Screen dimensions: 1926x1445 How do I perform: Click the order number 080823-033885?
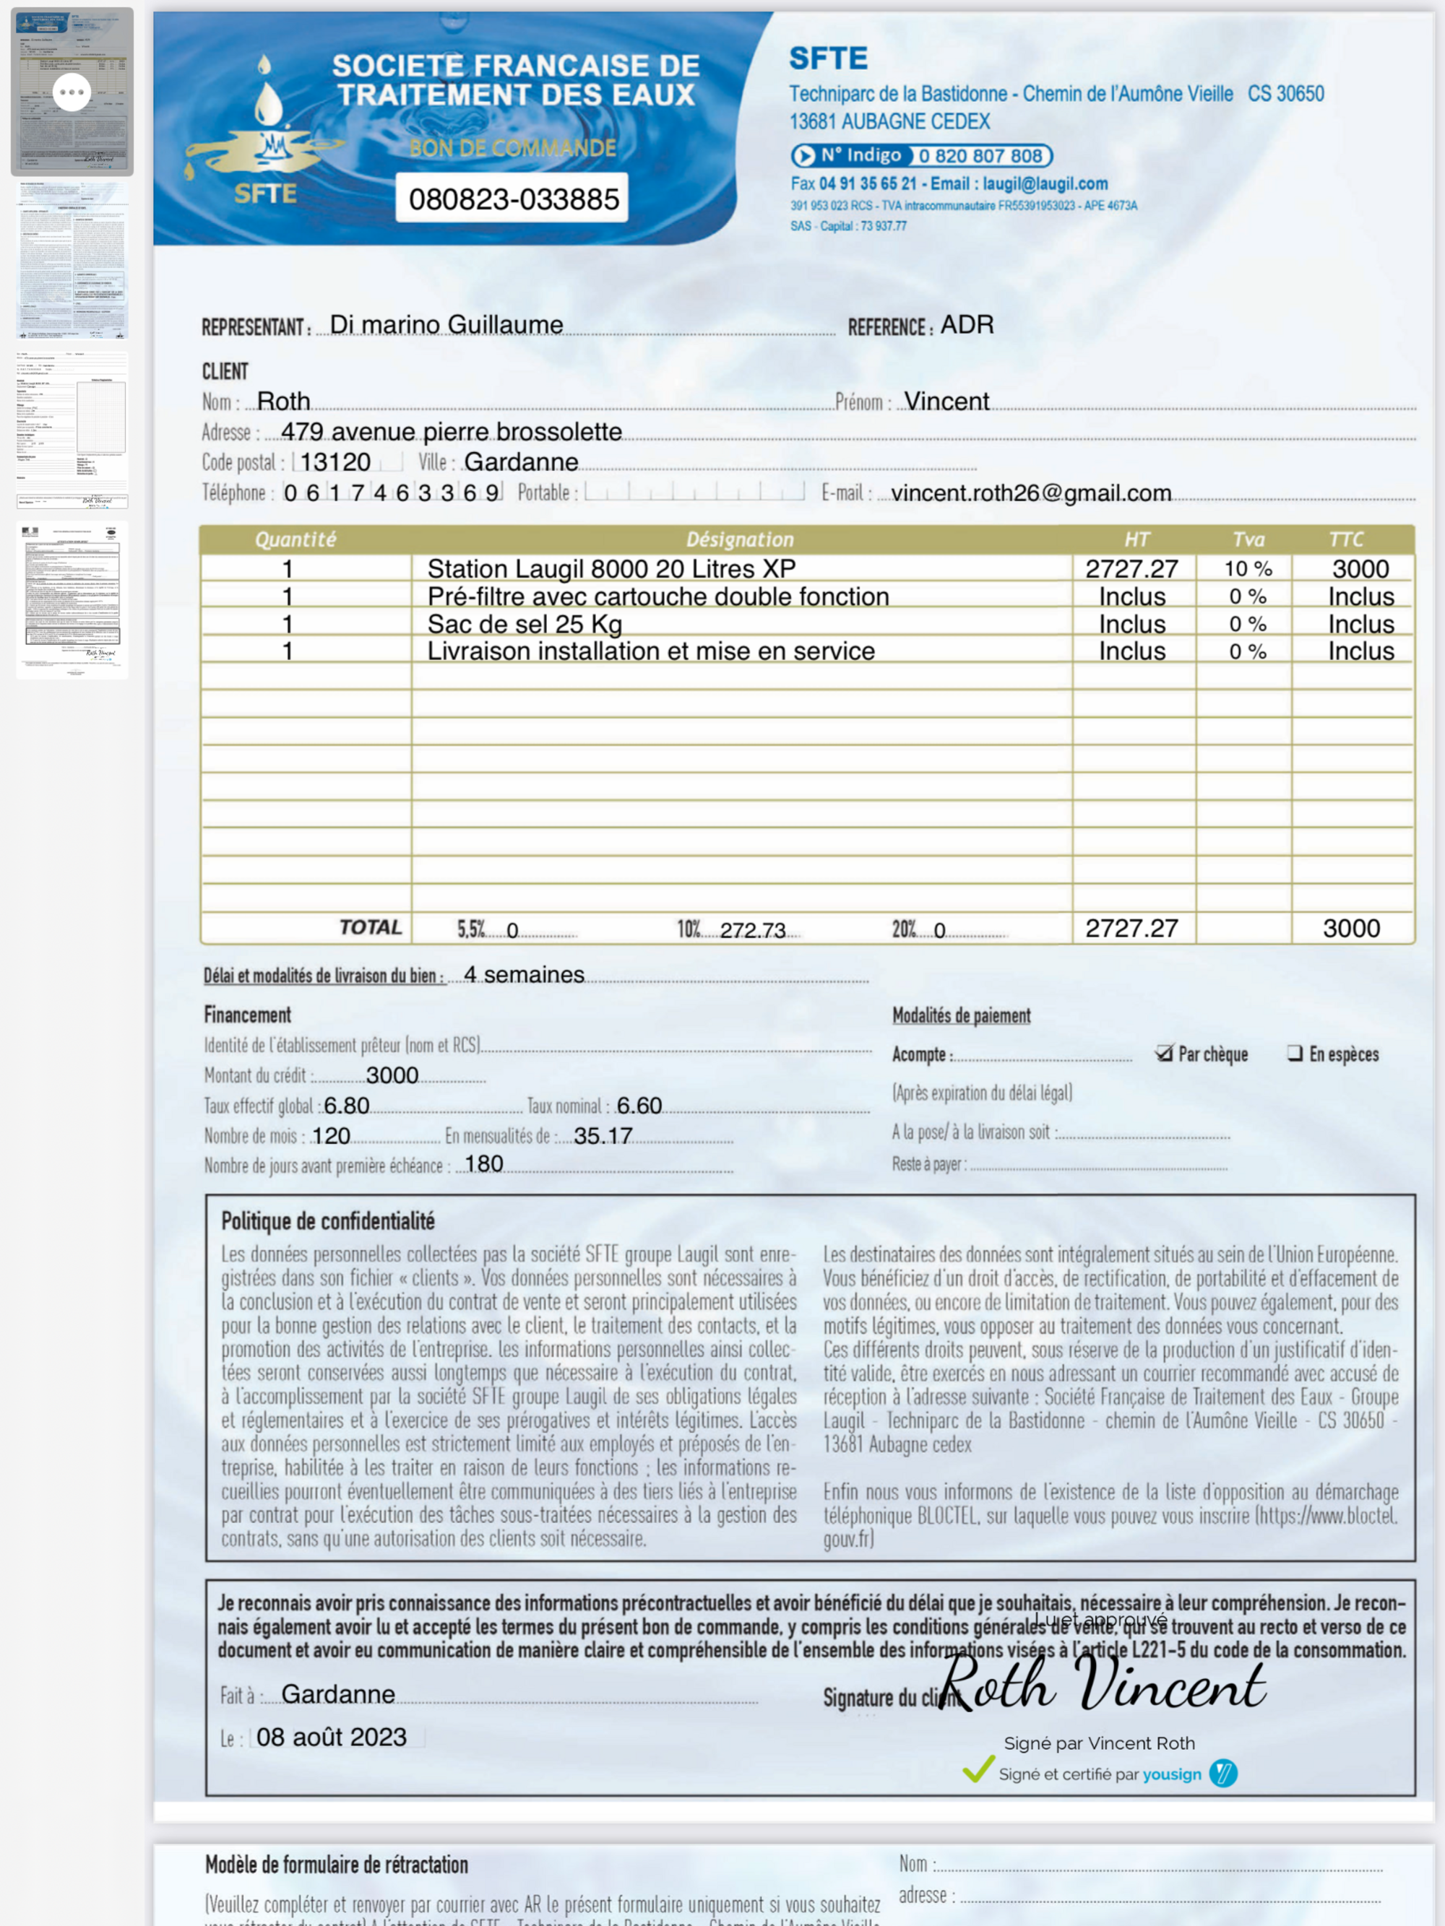[514, 199]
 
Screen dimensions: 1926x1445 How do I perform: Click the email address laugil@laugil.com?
[1045, 183]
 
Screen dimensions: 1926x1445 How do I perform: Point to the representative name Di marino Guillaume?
[446, 325]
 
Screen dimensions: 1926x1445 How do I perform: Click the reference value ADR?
[967, 325]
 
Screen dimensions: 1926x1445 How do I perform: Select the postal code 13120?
[335, 462]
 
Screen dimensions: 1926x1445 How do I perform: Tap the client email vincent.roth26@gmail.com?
[1030, 493]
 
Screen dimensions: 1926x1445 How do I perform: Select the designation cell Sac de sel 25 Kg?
[525, 624]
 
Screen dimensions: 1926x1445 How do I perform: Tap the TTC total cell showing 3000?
[1351, 928]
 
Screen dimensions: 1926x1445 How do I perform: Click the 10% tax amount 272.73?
[753, 930]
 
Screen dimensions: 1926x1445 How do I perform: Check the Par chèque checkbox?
[1164, 1054]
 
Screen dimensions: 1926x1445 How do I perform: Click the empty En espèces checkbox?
[1295, 1054]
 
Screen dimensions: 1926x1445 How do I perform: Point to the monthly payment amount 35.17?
[603, 1135]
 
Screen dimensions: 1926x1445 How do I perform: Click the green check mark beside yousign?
[978, 1769]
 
